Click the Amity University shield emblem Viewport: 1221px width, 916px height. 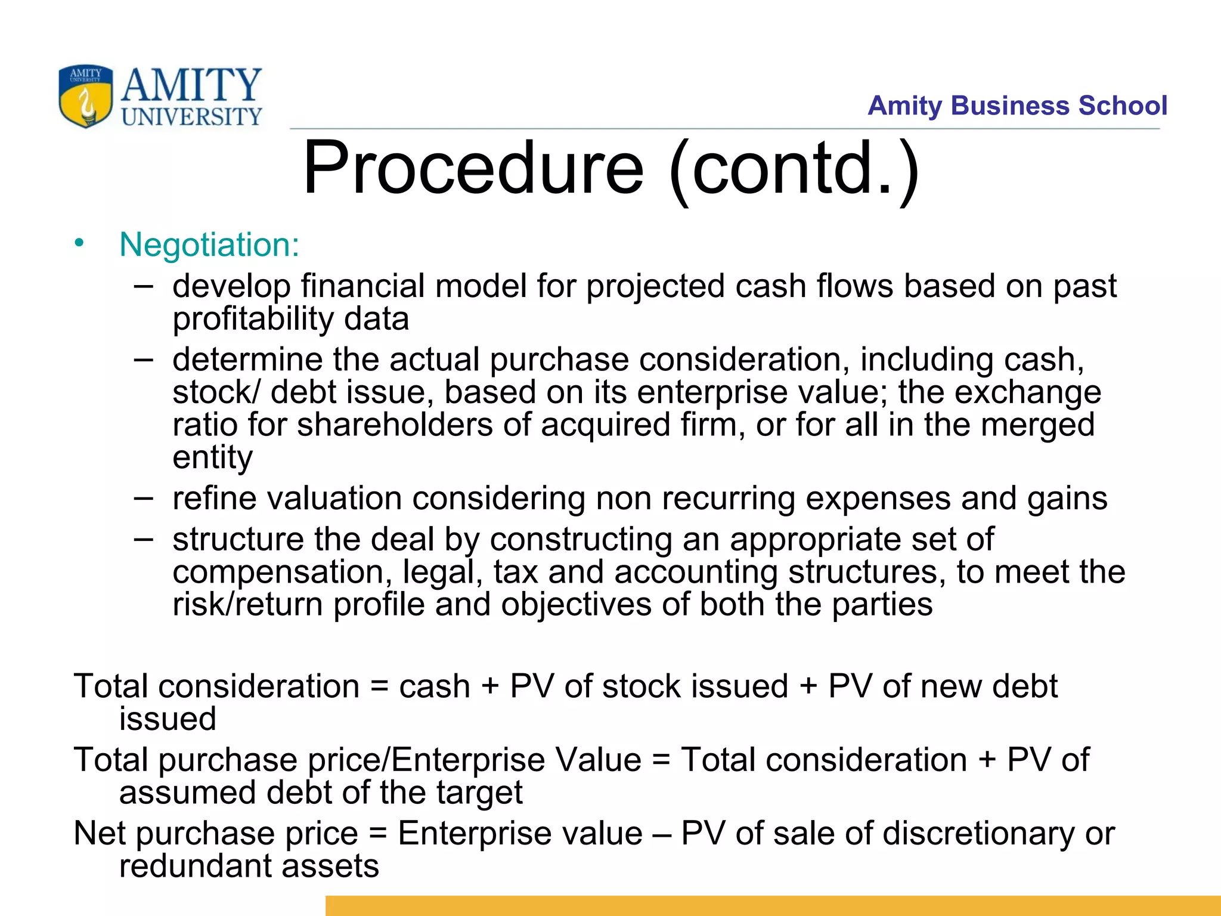click(x=85, y=96)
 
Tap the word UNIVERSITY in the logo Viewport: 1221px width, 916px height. click(x=191, y=117)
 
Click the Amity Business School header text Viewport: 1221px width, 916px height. click(x=1017, y=106)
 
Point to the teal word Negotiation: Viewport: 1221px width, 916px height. click(x=209, y=245)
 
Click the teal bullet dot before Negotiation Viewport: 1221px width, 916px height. click(x=79, y=243)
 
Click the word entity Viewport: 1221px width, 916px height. click(x=212, y=458)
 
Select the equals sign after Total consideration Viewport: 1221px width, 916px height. click(x=379, y=686)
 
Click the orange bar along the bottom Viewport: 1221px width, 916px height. click(x=773, y=905)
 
